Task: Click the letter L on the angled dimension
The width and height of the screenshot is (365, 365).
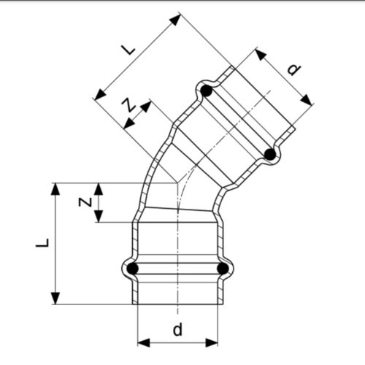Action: [x=128, y=50]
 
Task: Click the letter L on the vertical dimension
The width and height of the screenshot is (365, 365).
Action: [x=42, y=242]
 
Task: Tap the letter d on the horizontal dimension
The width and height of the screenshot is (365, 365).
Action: [x=177, y=330]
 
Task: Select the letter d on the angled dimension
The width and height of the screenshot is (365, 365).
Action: [x=293, y=70]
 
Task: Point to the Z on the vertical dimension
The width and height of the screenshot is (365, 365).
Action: [x=85, y=201]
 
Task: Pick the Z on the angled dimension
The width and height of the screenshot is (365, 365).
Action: [x=128, y=107]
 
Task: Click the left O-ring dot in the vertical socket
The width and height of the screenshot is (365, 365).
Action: [x=133, y=269]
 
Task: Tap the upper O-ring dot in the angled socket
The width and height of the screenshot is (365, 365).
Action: [x=206, y=92]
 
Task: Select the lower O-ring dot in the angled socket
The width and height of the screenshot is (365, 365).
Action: [x=269, y=154]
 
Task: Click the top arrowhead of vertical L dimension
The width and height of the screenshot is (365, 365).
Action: [x=55, y=188]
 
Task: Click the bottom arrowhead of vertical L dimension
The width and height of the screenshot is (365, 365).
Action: [x=55, y=299]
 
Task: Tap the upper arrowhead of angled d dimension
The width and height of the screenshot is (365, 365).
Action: [x=260, y=53]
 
